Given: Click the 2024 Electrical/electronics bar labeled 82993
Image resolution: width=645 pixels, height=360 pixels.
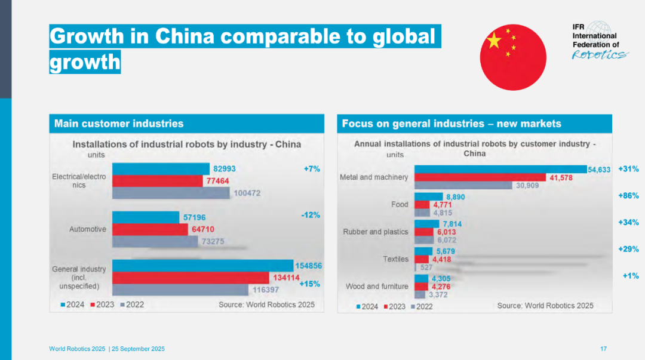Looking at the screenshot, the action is click(161, 169).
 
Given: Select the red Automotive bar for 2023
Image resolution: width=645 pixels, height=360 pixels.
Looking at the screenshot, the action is click(150, 229).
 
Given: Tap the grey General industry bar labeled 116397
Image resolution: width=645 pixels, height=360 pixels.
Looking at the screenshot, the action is click(180, 290).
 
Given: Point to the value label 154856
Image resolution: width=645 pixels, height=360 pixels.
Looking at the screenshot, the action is click(309, 266).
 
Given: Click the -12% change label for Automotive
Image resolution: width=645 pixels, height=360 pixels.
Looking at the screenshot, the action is click(310, 215).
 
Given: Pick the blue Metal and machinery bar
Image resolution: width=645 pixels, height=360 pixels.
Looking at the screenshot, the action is click(500, 169).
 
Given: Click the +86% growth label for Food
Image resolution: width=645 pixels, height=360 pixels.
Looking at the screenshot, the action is click(628, 196).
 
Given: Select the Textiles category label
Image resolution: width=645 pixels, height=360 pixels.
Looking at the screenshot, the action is click(396, 259).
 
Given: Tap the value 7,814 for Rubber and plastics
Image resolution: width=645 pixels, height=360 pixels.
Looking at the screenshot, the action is click(452, 224).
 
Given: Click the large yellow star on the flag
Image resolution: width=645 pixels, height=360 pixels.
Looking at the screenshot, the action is click(494, 41).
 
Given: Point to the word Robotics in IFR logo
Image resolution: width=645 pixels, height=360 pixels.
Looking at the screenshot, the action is click(600, 55).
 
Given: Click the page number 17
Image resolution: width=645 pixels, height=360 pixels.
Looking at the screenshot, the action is click(603, 349).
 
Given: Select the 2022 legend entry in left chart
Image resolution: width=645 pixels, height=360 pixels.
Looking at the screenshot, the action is click(132, 305).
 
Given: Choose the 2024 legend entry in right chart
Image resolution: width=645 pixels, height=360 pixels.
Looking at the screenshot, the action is click(367, 306).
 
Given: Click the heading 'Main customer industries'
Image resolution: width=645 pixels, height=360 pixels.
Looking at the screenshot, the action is click(119, 124).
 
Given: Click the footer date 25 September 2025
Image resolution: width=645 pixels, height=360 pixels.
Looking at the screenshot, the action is click(138, 349).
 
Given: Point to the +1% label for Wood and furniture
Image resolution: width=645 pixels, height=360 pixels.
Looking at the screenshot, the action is click(631, 276).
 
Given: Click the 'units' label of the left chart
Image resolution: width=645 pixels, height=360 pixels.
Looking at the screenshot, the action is click(96, 155).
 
